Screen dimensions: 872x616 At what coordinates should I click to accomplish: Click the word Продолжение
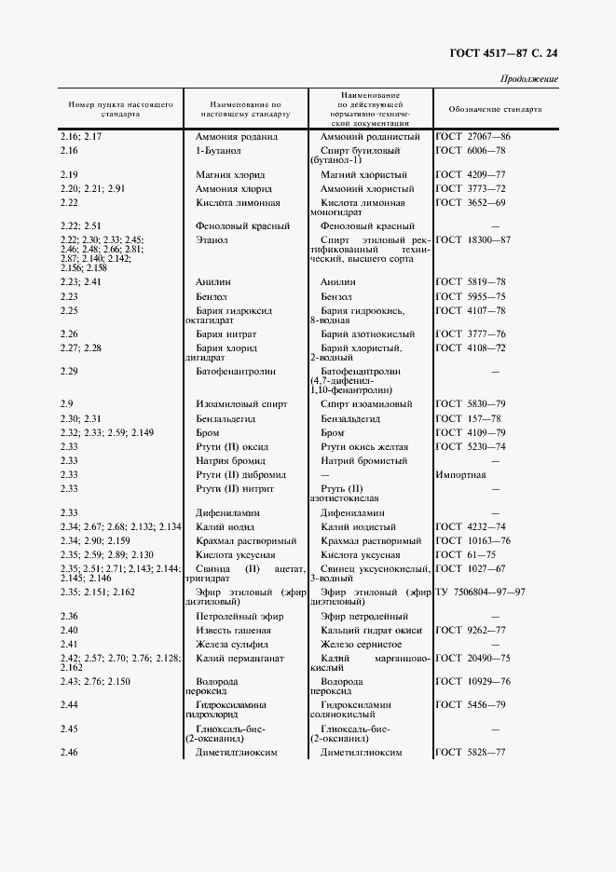point(529,79)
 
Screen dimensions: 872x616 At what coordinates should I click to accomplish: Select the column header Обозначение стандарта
point(495,108)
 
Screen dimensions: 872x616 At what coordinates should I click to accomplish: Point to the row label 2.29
point(68,371)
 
